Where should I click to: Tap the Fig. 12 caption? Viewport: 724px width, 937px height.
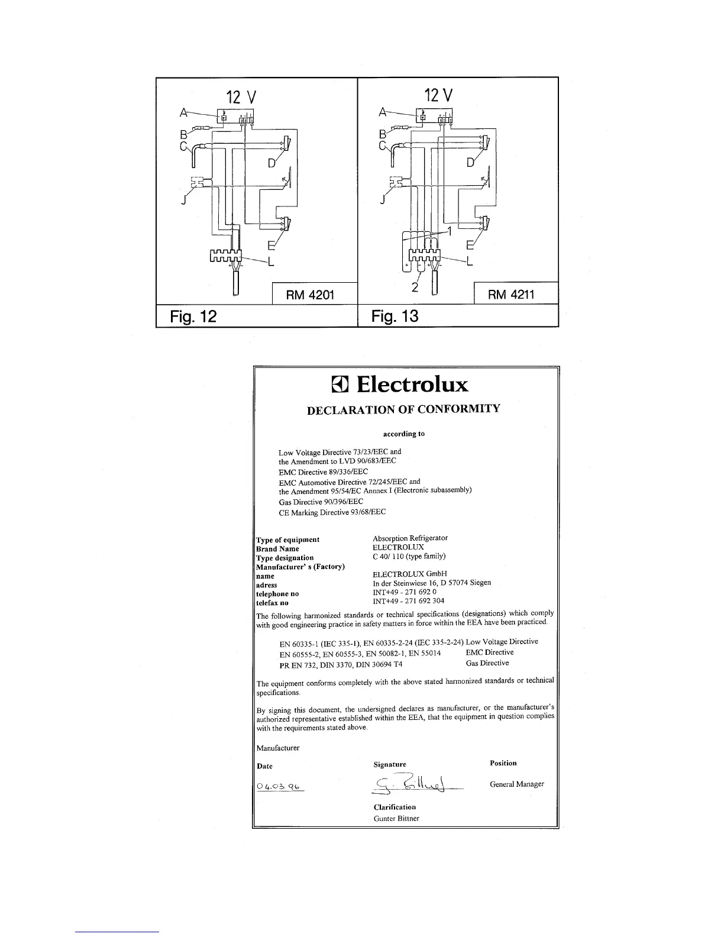193,316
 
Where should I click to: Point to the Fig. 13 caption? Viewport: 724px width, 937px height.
395,316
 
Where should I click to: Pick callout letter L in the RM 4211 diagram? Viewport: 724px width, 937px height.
470,262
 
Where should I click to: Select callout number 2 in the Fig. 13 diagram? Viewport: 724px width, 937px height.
415,288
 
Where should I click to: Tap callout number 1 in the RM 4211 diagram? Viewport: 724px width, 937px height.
449,232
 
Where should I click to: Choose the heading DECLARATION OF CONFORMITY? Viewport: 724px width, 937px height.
404,409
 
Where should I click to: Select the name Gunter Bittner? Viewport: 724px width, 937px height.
396,819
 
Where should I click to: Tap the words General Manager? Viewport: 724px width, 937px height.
516,784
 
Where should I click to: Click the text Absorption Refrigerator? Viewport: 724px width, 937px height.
410,538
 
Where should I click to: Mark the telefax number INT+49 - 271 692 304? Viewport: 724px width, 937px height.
408,601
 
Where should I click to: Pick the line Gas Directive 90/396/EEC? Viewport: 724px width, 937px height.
321,502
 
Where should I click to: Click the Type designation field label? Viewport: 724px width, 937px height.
285,558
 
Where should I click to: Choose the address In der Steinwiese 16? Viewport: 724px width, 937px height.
432,583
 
